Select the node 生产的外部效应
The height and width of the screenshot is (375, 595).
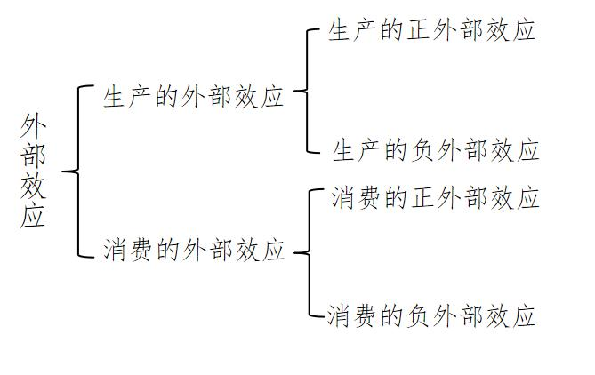(193, 97)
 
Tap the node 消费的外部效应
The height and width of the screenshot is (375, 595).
(193, 249)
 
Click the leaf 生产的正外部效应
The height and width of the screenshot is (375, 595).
(431, 31)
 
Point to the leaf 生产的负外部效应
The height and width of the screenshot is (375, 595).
(436, 150)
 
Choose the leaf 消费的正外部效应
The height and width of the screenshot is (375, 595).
(435, 197)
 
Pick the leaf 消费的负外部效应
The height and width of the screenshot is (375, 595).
(431, 315)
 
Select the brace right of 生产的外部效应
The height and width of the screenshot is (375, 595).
(302, 91)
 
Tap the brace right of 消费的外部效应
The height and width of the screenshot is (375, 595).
(302, 252)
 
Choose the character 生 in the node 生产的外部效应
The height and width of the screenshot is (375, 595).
(115, 97)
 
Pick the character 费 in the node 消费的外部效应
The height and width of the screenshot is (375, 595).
(141, 249)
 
